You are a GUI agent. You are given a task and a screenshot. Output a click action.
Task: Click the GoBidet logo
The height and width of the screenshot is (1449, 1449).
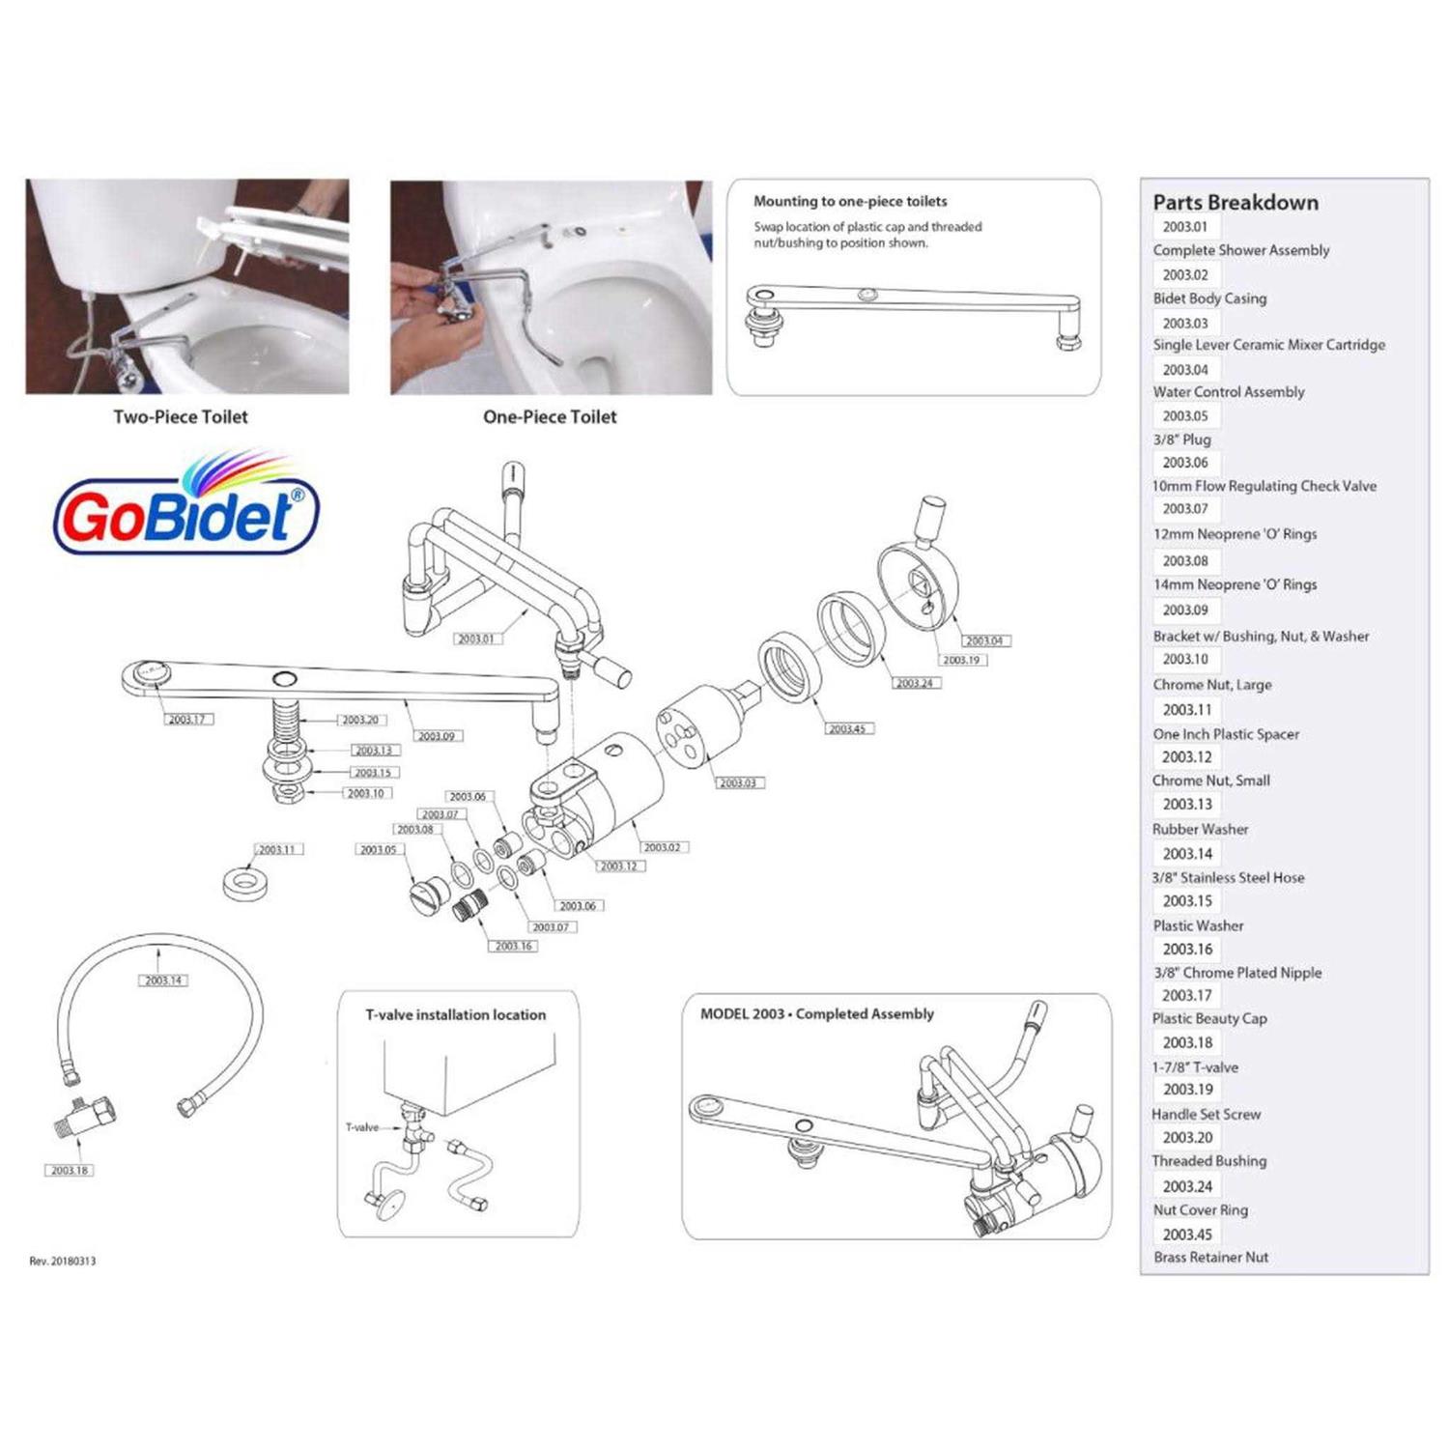point(185,507)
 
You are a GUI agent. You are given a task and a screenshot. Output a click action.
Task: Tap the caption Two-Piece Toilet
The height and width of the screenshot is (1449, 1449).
point(181,417)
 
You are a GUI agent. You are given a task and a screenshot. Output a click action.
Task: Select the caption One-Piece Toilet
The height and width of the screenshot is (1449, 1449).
point(550,417)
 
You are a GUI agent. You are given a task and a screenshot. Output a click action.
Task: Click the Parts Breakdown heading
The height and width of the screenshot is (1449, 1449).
point(1235,203)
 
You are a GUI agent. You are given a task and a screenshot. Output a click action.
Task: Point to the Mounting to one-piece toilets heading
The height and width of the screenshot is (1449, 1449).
point(850,202)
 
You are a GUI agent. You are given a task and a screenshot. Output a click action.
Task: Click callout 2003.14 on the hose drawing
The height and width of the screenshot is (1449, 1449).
point(164,980)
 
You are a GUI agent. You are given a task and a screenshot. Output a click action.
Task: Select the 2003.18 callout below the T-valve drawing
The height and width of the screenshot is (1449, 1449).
point(70,1170)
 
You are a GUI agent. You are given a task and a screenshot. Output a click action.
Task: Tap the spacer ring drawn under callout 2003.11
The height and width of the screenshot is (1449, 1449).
point(247,883)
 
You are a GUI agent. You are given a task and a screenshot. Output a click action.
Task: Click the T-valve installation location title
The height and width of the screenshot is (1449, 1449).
point(455,1015)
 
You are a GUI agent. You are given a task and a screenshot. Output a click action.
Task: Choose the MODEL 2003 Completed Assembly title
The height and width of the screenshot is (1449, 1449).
point(816,1014)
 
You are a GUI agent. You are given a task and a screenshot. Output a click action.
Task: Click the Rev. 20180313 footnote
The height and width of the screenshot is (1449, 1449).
point(63,1261)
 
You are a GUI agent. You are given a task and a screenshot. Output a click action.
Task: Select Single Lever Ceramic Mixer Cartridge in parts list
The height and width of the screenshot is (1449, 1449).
point(1268,345)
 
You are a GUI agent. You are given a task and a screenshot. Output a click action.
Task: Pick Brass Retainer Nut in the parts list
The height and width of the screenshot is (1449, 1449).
point(1210,1257)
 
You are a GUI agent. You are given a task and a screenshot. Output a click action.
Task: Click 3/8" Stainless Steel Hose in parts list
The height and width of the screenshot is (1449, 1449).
point(1228,878)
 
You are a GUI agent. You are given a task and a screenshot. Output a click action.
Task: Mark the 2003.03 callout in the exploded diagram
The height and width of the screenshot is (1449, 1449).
point(738,782)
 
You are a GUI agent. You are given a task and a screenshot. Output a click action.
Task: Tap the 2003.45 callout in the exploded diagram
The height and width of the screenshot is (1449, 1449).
point(847,728)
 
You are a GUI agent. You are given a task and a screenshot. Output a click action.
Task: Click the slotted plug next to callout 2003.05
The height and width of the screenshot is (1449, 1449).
point(428,893)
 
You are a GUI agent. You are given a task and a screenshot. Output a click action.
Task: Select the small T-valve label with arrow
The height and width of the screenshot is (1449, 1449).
point(362,1127)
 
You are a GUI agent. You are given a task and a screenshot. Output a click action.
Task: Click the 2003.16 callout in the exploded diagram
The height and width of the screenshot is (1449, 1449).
point(513,946)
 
